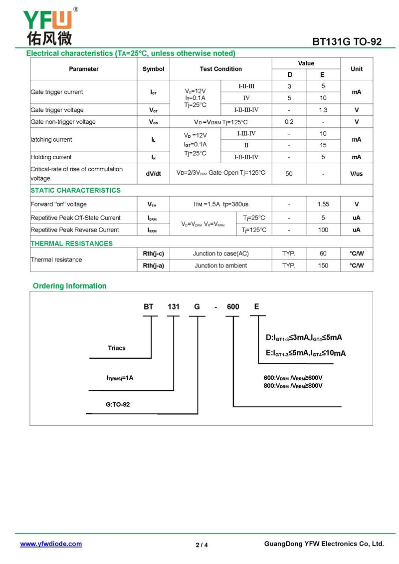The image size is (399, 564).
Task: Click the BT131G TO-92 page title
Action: coord(347,42)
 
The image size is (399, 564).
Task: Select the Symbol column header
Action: coord(153,69)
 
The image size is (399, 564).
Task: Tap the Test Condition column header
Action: coord(221,69)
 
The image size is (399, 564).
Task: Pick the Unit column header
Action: coord(357,69)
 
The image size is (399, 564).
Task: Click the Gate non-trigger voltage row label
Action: coord(63,122)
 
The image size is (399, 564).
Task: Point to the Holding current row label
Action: coord(51,157)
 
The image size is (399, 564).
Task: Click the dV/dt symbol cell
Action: coord(153,173)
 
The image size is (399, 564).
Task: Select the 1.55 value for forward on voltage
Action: coord(323,204)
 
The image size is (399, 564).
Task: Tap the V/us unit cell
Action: coord(357,173)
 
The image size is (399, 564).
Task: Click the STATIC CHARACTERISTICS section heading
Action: coord(76,190)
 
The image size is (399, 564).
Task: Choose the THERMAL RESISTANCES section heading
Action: coord(72,244)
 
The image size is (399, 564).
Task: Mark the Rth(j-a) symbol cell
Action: coord(153,266)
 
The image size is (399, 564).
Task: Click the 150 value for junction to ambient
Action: coord(323,266)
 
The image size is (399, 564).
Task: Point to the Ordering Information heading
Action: coord(70,286)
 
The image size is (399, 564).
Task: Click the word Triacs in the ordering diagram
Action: coord(117,348)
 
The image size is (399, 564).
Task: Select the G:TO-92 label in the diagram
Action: coord(118,404)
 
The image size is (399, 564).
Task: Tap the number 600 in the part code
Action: coord(233,307)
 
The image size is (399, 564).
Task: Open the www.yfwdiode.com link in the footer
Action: coord(51,544)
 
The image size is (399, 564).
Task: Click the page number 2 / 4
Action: coord(201,545)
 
